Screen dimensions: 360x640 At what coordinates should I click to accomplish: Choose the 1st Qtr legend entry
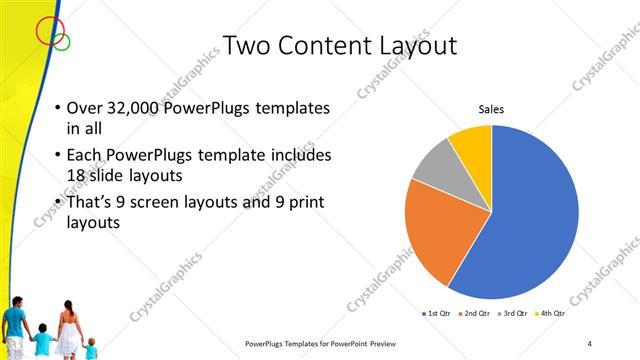coord(438,314)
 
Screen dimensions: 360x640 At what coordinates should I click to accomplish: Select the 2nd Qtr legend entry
coord(474,314)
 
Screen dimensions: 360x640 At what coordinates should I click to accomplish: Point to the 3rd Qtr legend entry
coord(512,314)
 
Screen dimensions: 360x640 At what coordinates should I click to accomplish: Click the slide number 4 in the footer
coord(589,344)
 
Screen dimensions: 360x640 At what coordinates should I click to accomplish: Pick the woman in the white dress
coord(69,331)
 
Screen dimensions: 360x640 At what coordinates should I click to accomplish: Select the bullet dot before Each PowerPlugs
coord(57,156)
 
